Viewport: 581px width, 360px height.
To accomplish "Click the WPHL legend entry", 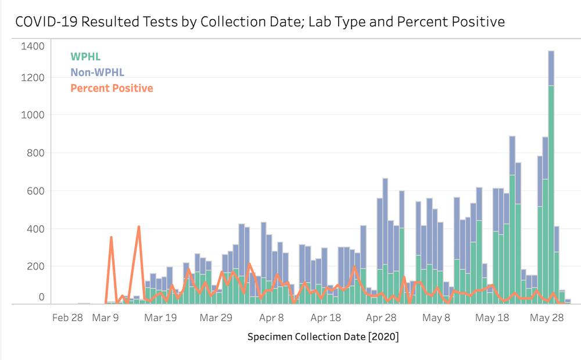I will [x=85, y=57].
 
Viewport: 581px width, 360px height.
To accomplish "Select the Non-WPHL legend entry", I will [x=97, y=73].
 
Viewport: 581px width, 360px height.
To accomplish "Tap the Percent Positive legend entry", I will [x=112, y=88].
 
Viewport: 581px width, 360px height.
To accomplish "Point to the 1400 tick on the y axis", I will [x=33, y=46].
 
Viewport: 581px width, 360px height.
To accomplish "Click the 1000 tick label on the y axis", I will [x=33, y=115].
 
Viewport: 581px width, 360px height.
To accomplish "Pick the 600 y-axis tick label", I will [x=35, y=191].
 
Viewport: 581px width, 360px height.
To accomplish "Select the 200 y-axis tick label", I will [x=35, y=267].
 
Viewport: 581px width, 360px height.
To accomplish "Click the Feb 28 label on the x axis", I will [x=67, y=318].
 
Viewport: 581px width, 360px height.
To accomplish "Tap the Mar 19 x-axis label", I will [x=160, y=318].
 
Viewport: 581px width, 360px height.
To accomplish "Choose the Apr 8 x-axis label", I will [x=272, y=318].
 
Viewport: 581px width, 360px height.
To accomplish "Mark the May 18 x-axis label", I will [x=492, y=318].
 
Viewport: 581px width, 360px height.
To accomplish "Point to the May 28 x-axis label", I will [x=547, y=318].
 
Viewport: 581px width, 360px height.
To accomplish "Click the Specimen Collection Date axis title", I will [x=323, y=337].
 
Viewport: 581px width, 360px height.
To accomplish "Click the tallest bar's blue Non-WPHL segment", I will [x=551, y=69].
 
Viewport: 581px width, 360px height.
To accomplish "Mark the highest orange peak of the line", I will [x=139, y=227].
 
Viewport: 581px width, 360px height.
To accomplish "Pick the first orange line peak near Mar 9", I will [x=111, y=237].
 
